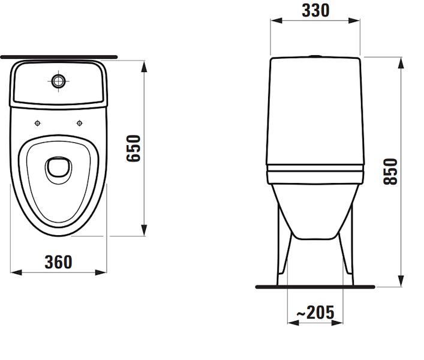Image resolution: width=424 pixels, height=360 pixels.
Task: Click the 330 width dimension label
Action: (x=315, y=10)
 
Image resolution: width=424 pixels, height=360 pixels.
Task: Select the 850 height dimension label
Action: (x=390, y=171)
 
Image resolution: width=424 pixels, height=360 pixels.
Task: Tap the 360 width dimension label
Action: (x=59, y=262)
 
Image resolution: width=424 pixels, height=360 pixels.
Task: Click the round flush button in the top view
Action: (x=58, y=82)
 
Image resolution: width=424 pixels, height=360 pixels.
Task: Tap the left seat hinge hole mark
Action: (x=37, y=123)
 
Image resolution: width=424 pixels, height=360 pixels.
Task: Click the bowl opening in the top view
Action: (x=58, y=170)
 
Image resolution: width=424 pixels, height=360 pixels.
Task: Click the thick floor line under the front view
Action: (x=315, y=287)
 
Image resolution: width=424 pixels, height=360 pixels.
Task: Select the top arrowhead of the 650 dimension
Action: (x=144, y=65)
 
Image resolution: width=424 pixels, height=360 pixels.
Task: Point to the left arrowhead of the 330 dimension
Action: (x=273, y=21)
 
